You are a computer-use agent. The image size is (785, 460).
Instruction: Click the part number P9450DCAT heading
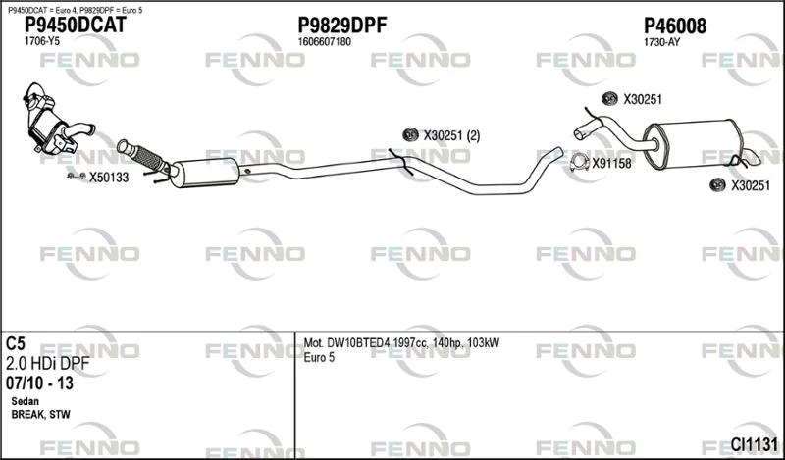(x=76, y=26)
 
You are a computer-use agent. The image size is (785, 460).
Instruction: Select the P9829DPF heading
(x=342, y=26)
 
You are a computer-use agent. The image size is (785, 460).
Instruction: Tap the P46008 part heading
(x=675, y=26)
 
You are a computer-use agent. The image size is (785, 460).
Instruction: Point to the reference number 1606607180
(x=325, y=42)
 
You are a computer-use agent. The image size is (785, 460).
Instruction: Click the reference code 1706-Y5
(x=42, y=42)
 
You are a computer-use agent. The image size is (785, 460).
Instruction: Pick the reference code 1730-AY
(x=661, y=42)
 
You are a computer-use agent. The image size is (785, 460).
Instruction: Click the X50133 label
(x=109, y=178)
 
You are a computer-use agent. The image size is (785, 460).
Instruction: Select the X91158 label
(x=611, y=164)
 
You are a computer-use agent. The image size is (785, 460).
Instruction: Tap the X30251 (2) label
(x=451, y=135)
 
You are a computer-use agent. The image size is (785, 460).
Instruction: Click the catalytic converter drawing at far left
(x=50, y=120)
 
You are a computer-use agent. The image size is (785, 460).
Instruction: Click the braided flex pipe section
(x=148, y=156)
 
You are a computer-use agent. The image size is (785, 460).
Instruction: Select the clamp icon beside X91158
(x=580, y=163)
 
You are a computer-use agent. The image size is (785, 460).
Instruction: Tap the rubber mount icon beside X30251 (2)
(x=410, y=134)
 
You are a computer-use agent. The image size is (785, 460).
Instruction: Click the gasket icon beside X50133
(x=77, y=176)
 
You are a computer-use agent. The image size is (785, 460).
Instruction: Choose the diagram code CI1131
(x=754, y=444)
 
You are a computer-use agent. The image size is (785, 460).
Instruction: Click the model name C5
(x=16, y=344)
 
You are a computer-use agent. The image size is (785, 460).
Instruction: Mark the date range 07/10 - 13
(x=39, y=383)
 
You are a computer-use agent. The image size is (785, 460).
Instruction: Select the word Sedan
(x=26, y=401)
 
